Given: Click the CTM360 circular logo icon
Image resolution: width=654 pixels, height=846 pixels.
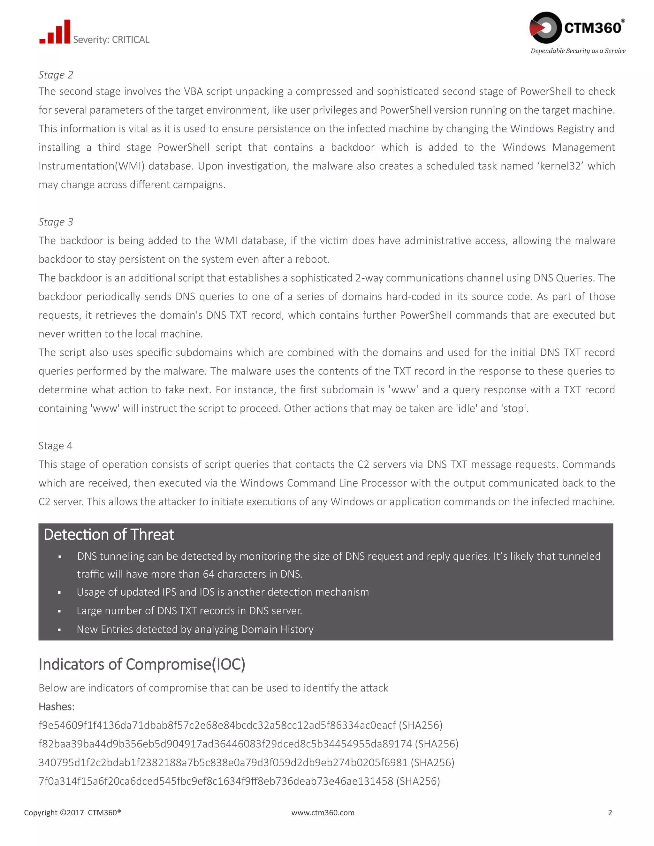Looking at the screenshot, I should [545, 27].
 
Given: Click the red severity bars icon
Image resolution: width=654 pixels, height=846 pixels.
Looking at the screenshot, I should [55, 33].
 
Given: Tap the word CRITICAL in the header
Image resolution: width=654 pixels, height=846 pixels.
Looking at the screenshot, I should [131, 40].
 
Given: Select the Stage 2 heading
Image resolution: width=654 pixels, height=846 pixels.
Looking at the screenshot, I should [56, 75].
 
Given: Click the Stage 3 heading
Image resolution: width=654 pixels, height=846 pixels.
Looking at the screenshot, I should [56, 222].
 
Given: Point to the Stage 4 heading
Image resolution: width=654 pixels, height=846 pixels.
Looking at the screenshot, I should [55, 446].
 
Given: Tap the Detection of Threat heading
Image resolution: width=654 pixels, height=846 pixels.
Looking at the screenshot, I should [109, 534].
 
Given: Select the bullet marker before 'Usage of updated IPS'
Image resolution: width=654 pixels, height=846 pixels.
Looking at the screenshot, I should [59, 593].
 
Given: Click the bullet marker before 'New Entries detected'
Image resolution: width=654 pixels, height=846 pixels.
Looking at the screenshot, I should [59, 630].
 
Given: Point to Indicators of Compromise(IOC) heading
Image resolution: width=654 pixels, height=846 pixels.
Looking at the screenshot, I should [142, 664].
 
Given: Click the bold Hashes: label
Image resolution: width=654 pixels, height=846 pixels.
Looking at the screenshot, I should [57, 706].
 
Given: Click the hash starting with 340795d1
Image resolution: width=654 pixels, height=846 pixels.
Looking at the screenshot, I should [223, 762].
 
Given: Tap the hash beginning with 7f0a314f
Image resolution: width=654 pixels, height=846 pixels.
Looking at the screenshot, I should [216, 781].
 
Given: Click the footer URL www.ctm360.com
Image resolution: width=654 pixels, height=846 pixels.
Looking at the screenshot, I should [323, 813].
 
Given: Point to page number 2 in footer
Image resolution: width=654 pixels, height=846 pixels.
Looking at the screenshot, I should [610, 813].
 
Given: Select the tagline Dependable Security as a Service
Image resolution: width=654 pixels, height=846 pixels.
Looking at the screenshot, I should [578, 51].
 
